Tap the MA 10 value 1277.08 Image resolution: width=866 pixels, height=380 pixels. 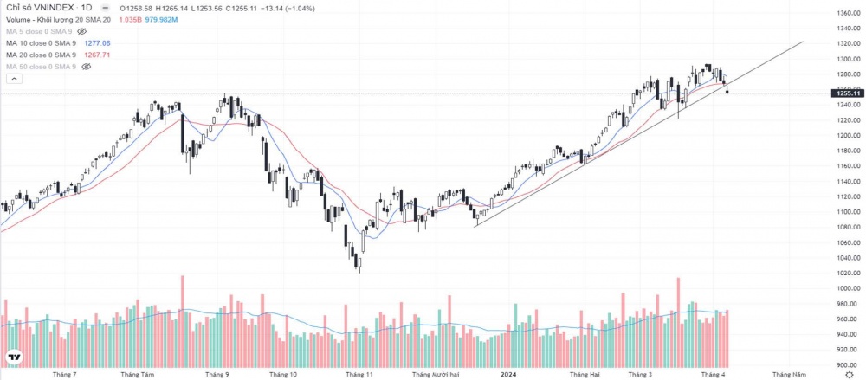click(x=97, y=42)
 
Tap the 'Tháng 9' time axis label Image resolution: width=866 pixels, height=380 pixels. click(x=216, y=375)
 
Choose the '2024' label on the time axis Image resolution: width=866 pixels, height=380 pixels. click(x=510, y=375)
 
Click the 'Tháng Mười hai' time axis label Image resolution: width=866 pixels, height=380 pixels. click(x=436, y=375)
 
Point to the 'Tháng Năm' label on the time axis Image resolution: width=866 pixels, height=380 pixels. click(x=789, y=375)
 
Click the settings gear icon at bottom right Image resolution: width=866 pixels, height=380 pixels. click(x=849, y=374)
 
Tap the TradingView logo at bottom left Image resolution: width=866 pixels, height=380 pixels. click(x=15, y=357)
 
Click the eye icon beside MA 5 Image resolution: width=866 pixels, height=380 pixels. click(x=82, y=30)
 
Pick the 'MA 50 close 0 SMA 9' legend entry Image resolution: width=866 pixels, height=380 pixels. click(x=41, y=67)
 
